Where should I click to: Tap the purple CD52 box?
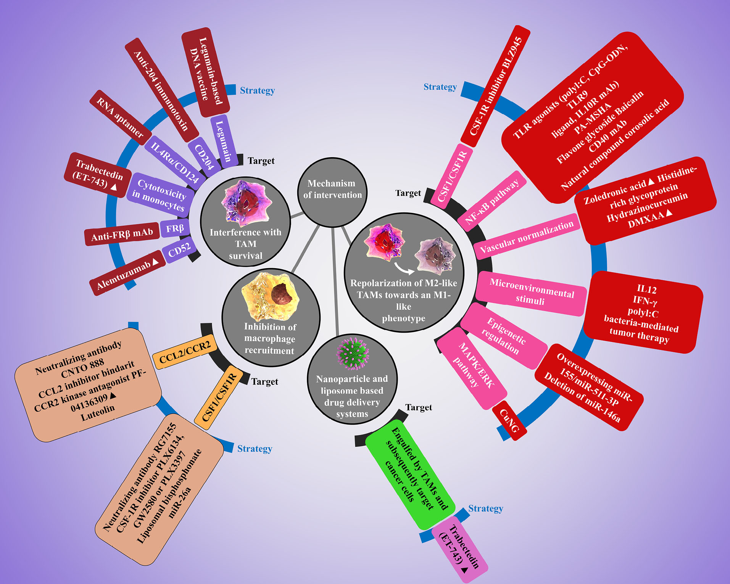pyautogui.click(x=179, y=251)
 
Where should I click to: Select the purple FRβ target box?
pyautogui.click(x=175, y=228)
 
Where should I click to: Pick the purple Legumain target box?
pyautogui.click(x=224, y=140)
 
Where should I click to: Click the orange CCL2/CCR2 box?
pyautogui.click(x=185, y=352)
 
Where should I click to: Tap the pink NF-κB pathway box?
pyautogui.click(x=492, y=201)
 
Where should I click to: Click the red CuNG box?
pyautogui.click(x=509, y=420)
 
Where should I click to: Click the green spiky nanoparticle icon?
pyautogui.click(x=353, y=352)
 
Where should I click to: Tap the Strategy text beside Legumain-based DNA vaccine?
pyautogui.click(x=257, y=91)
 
